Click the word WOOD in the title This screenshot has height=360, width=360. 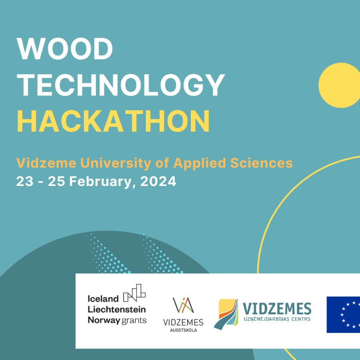coord(65,49)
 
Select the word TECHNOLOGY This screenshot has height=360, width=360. coord(120,85)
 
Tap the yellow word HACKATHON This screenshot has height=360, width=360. coord(114,121)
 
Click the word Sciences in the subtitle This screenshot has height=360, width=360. coord(262,163)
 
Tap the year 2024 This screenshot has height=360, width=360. coord(158,181)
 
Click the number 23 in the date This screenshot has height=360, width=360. coord(25,181)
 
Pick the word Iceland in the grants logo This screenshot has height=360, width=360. coord(103,299)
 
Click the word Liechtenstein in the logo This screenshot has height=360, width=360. coord(117,309)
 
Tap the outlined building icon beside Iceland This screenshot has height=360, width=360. coord(134,293)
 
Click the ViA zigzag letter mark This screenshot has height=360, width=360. coord(183,305)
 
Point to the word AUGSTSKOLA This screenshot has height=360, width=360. coord(183,330)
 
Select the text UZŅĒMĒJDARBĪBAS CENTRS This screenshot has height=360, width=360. coord(277,319)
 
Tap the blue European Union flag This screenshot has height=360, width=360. coord(343,314)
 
